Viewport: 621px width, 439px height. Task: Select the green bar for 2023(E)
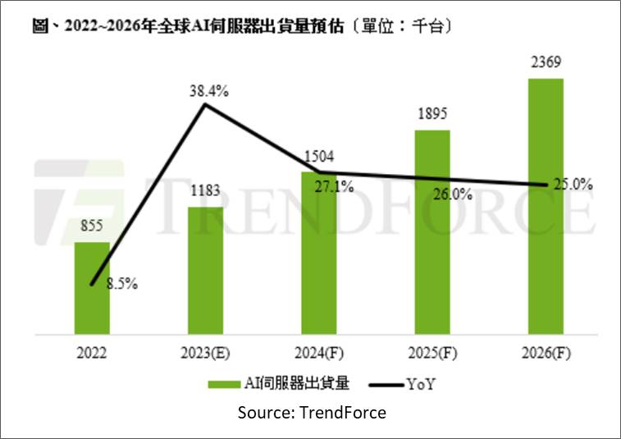point(205,271)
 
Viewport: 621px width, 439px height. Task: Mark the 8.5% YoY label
point(121,285)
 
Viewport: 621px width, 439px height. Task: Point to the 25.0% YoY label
point(572,185)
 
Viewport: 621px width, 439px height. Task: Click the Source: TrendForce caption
point(312,412)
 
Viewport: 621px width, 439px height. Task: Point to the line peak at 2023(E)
point(205,105)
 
